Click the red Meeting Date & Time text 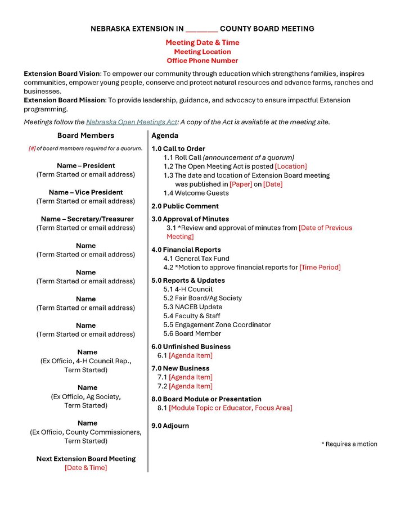[x=202, y=43]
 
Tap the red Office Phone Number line [x=202, y=61]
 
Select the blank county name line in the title [x=201, y=29]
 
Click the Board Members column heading [x=85, y=135]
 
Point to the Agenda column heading [x=165, y=135]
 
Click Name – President [x=85, y=166]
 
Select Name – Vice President [x=85, y=192]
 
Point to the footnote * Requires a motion [x=349, y=444]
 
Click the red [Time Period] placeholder [x=319, y=268]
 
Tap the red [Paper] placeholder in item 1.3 [x=241, y=184]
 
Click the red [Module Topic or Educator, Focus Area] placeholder [x=230, y=408]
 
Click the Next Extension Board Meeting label [x=85, y=459]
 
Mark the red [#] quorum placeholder [x=32, y=149]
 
